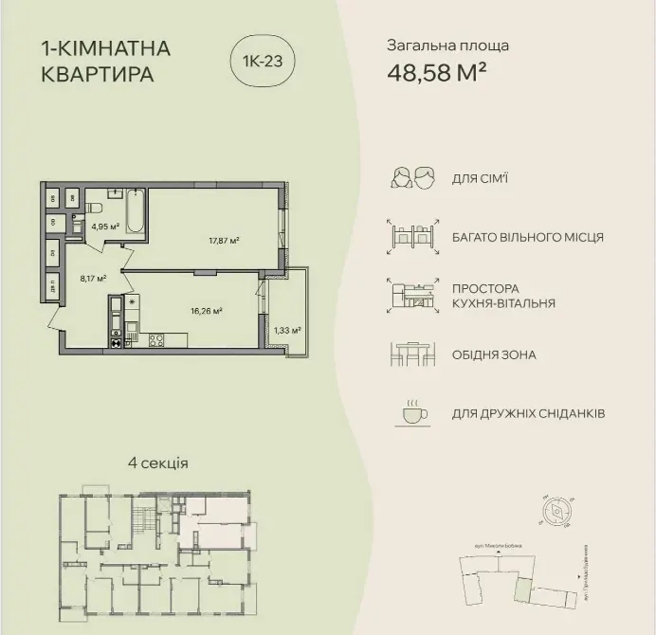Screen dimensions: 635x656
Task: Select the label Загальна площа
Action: [447, 45]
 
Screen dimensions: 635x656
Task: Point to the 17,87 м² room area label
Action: [224, 241]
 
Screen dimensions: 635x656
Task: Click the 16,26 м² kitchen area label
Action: [206, 310]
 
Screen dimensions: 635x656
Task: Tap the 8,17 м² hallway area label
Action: [93, 279]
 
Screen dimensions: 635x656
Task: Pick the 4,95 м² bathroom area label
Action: [104, 227]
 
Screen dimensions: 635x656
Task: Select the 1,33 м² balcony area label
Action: [286, 331]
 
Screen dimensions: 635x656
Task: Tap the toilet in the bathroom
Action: [95, 208]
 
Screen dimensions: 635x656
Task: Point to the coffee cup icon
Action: [411, 413]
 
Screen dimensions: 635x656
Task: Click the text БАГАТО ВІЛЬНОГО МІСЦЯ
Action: [528, 237]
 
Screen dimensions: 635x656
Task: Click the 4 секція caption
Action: [157, 463]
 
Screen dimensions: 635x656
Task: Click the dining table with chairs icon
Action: [411, 355]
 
